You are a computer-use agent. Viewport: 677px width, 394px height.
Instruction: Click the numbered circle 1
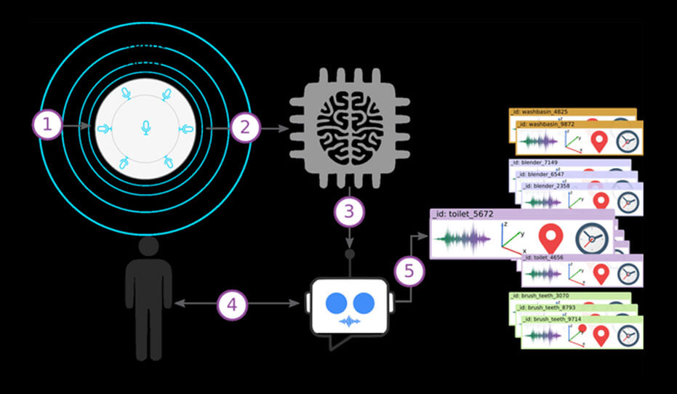click(47, 126)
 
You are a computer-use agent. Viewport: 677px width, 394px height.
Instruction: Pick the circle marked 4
click(232, 305)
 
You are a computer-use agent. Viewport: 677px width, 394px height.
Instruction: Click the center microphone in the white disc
click(145, 128)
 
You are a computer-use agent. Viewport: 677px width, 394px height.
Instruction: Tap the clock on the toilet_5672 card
click(590, 239)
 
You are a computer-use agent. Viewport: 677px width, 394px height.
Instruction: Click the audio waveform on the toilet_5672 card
click(462, 239)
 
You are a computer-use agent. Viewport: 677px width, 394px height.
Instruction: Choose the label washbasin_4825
click(539, 112)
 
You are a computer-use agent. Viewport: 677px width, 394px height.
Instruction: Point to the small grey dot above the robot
click(349, 254)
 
